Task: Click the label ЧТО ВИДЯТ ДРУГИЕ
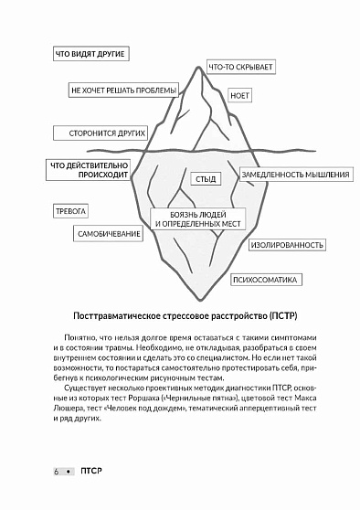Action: click(90, 55)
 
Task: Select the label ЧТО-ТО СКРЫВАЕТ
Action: click(241, 68)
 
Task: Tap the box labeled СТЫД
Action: click(206, 180)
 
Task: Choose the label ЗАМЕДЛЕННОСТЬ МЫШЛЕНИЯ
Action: click(295, 175)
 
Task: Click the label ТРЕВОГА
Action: click(70, 211)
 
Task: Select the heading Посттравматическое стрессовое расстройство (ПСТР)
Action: click(180, 315)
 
